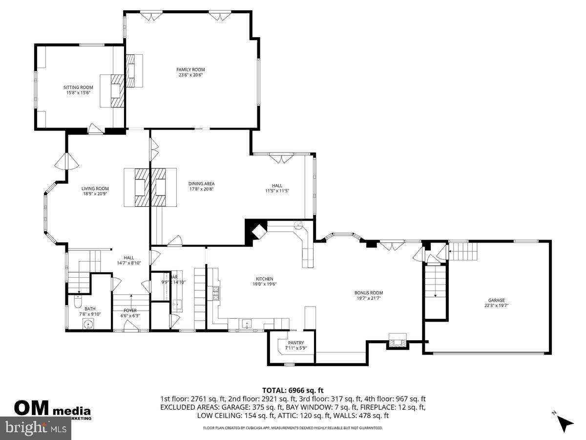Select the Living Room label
(x=95, y=188)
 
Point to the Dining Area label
(x=201, y=183)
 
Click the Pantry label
(x=296, y=343)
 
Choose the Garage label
(x=496, y=300)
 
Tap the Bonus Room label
(x=369, y=293)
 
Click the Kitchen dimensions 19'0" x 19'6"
(x=265, y=284)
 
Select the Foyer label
(x=130, y=310)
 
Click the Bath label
(x=90, y=308)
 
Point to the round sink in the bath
(x=88, y=324)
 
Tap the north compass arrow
(x=565, y=423)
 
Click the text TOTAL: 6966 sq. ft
(x=293, y=390)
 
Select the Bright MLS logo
(x=36, y=428)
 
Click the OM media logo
(x=52, y=408)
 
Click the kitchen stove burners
(x=215, y=293)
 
